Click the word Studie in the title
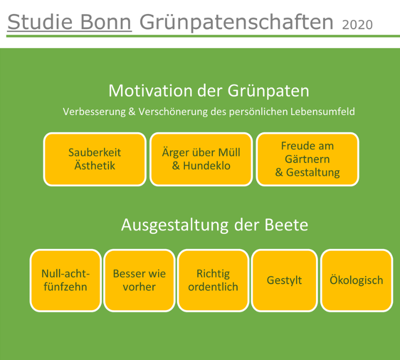pos(40,22)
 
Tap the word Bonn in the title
pos(106,22)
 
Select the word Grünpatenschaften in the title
pos(236,22)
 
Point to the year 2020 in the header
pos(357,24)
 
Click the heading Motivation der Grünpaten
pos(208,91)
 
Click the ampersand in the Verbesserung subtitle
pos(132,112)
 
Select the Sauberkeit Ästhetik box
pos(94,159)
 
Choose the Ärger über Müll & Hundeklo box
pos(201,159)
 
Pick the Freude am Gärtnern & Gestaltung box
pos(307,159)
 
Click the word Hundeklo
pos(206,166)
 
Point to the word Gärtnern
pos(307,159)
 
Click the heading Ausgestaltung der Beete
pos(214,225)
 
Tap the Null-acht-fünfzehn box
pos(65,280)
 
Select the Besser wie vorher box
pos(139,280)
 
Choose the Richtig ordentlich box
pos(213,280)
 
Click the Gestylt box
pos(284,280)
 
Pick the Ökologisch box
pos(356,280)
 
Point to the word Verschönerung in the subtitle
pos(173,112)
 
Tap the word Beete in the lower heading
pos(286,225)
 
